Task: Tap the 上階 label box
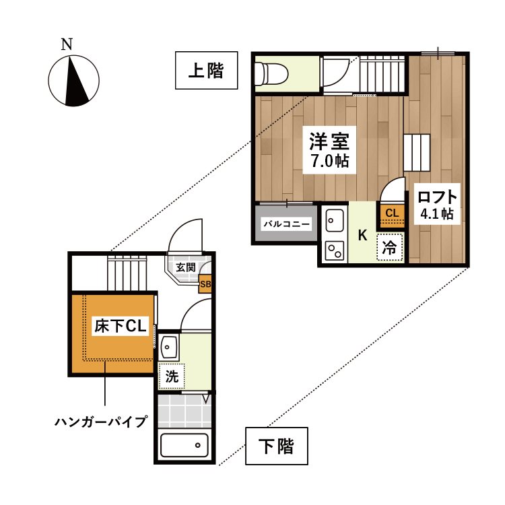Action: click(207, 71)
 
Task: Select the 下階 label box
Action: click(276, 446)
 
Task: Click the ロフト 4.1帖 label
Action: click(438, 205)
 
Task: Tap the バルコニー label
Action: click(286, 223)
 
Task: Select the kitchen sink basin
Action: click(334, 220)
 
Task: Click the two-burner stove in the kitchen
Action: click(334, 249)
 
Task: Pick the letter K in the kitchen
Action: click(362, 236)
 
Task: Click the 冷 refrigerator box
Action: click(389, 247)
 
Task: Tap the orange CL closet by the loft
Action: click(391, 214)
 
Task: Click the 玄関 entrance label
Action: click(186, 267)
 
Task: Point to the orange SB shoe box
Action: click(205, 284)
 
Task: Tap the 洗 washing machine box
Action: click(172, 376)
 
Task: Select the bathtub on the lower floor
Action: click(184, 444)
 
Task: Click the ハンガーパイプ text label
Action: click(101, 422)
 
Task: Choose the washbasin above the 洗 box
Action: click(168, 348)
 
